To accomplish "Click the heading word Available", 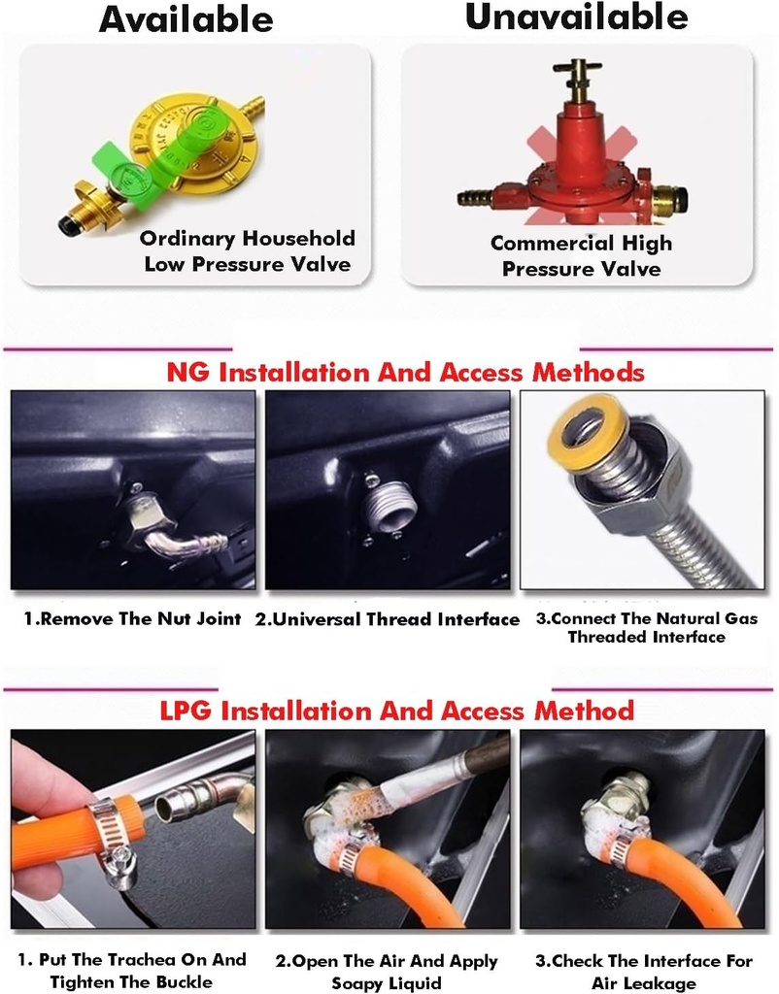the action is pyautogui.click(x=186, y=19).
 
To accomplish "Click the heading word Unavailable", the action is pyautogui.click(x=576, y=17).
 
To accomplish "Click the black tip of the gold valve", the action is pyautogui.click(x=66, y=224).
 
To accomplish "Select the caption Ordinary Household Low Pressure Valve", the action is pyautogui.click(x=248, y=251).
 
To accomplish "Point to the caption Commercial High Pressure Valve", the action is pyautogui.click(x=581, y=255).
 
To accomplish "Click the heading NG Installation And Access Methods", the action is pyautogui.click(x=405, y=372).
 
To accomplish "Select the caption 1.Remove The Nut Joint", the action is pyautogui.click(x=132, y=618).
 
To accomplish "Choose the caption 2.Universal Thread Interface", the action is pyautogui.click(x=387, y=618).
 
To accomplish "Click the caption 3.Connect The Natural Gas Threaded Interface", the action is pyautogui.click(x=647, y=628).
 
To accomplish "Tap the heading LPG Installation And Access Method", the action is pyautogui.click(x=396, y=711).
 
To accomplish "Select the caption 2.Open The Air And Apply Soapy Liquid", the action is pyautogui.click(x=387, y=971).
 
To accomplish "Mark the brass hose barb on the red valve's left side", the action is pyautogui.click(x=476, y=198).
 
